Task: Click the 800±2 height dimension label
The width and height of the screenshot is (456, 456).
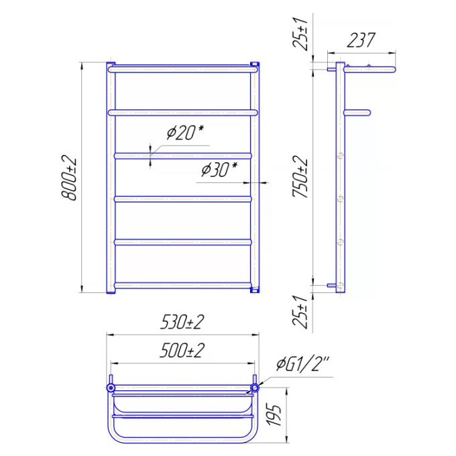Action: click(x=69, y=178)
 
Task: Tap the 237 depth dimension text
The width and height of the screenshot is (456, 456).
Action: click(x=361, y=40)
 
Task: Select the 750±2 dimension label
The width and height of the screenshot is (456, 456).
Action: click(x=300, y=176)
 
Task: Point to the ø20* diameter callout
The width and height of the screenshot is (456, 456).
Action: click(x=185, y=133)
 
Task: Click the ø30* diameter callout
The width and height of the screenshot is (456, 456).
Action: click(x=219, y=170)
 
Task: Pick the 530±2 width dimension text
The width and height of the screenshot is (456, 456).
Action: click(x=182, y=322)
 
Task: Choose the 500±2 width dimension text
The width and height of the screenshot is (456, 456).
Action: click(x=182, y=350)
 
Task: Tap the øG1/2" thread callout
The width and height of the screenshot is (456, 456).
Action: click(x=302, y=364)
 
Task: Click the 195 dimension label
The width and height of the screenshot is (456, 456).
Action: click(x=274, y=414)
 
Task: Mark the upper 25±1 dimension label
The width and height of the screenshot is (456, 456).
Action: click(x=300, y=34)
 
